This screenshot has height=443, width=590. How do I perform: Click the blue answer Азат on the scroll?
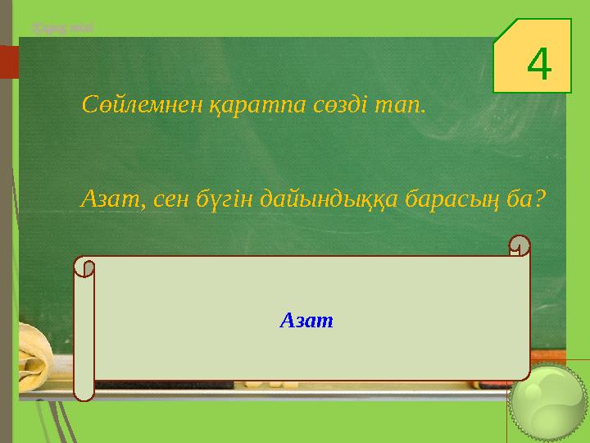306,320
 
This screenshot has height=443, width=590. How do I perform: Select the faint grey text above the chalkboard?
62,28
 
